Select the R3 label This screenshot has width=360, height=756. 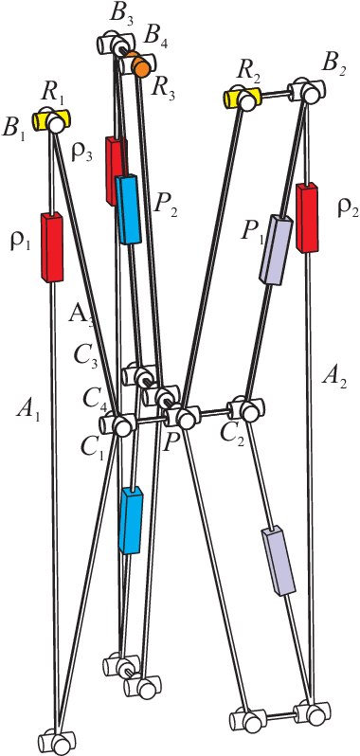164,91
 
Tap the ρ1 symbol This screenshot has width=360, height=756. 21,243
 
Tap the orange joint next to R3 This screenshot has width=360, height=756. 139,65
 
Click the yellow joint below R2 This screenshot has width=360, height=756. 242,99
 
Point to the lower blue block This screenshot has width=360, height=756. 131,519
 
